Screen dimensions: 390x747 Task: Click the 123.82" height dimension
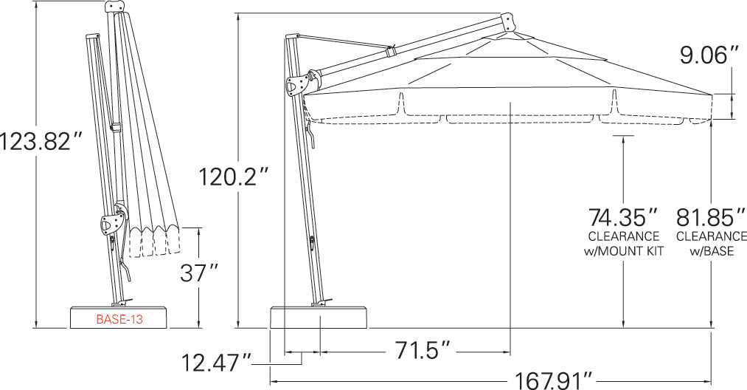point(39,140)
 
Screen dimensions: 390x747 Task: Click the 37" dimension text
point(200,273)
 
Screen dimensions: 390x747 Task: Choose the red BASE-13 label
point(119,320)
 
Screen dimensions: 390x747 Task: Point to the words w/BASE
point(712,251)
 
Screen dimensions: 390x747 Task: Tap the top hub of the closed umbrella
point(115,6)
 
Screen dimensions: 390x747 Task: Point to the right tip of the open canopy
point(713,94)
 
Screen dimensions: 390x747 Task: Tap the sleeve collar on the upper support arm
point(390,52)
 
